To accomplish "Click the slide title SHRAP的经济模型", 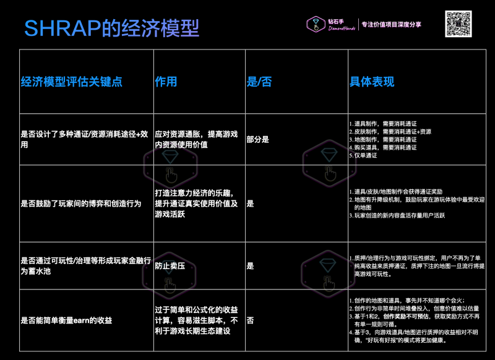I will coord(111,28).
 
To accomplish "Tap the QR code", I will coord(459,24).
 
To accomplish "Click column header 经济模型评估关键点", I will coord(71,82).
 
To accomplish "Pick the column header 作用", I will coord(166,82).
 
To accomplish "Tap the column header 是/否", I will coord(259,82).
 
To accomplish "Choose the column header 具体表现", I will coord(372,82).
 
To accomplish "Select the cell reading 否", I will coord(250,320).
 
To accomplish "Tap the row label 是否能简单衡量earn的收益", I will coord(66,320).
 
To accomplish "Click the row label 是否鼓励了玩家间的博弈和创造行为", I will coord(80,203).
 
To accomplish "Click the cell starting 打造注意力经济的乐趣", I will coord(196,203).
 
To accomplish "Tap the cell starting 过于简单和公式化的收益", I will coord(196,320).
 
